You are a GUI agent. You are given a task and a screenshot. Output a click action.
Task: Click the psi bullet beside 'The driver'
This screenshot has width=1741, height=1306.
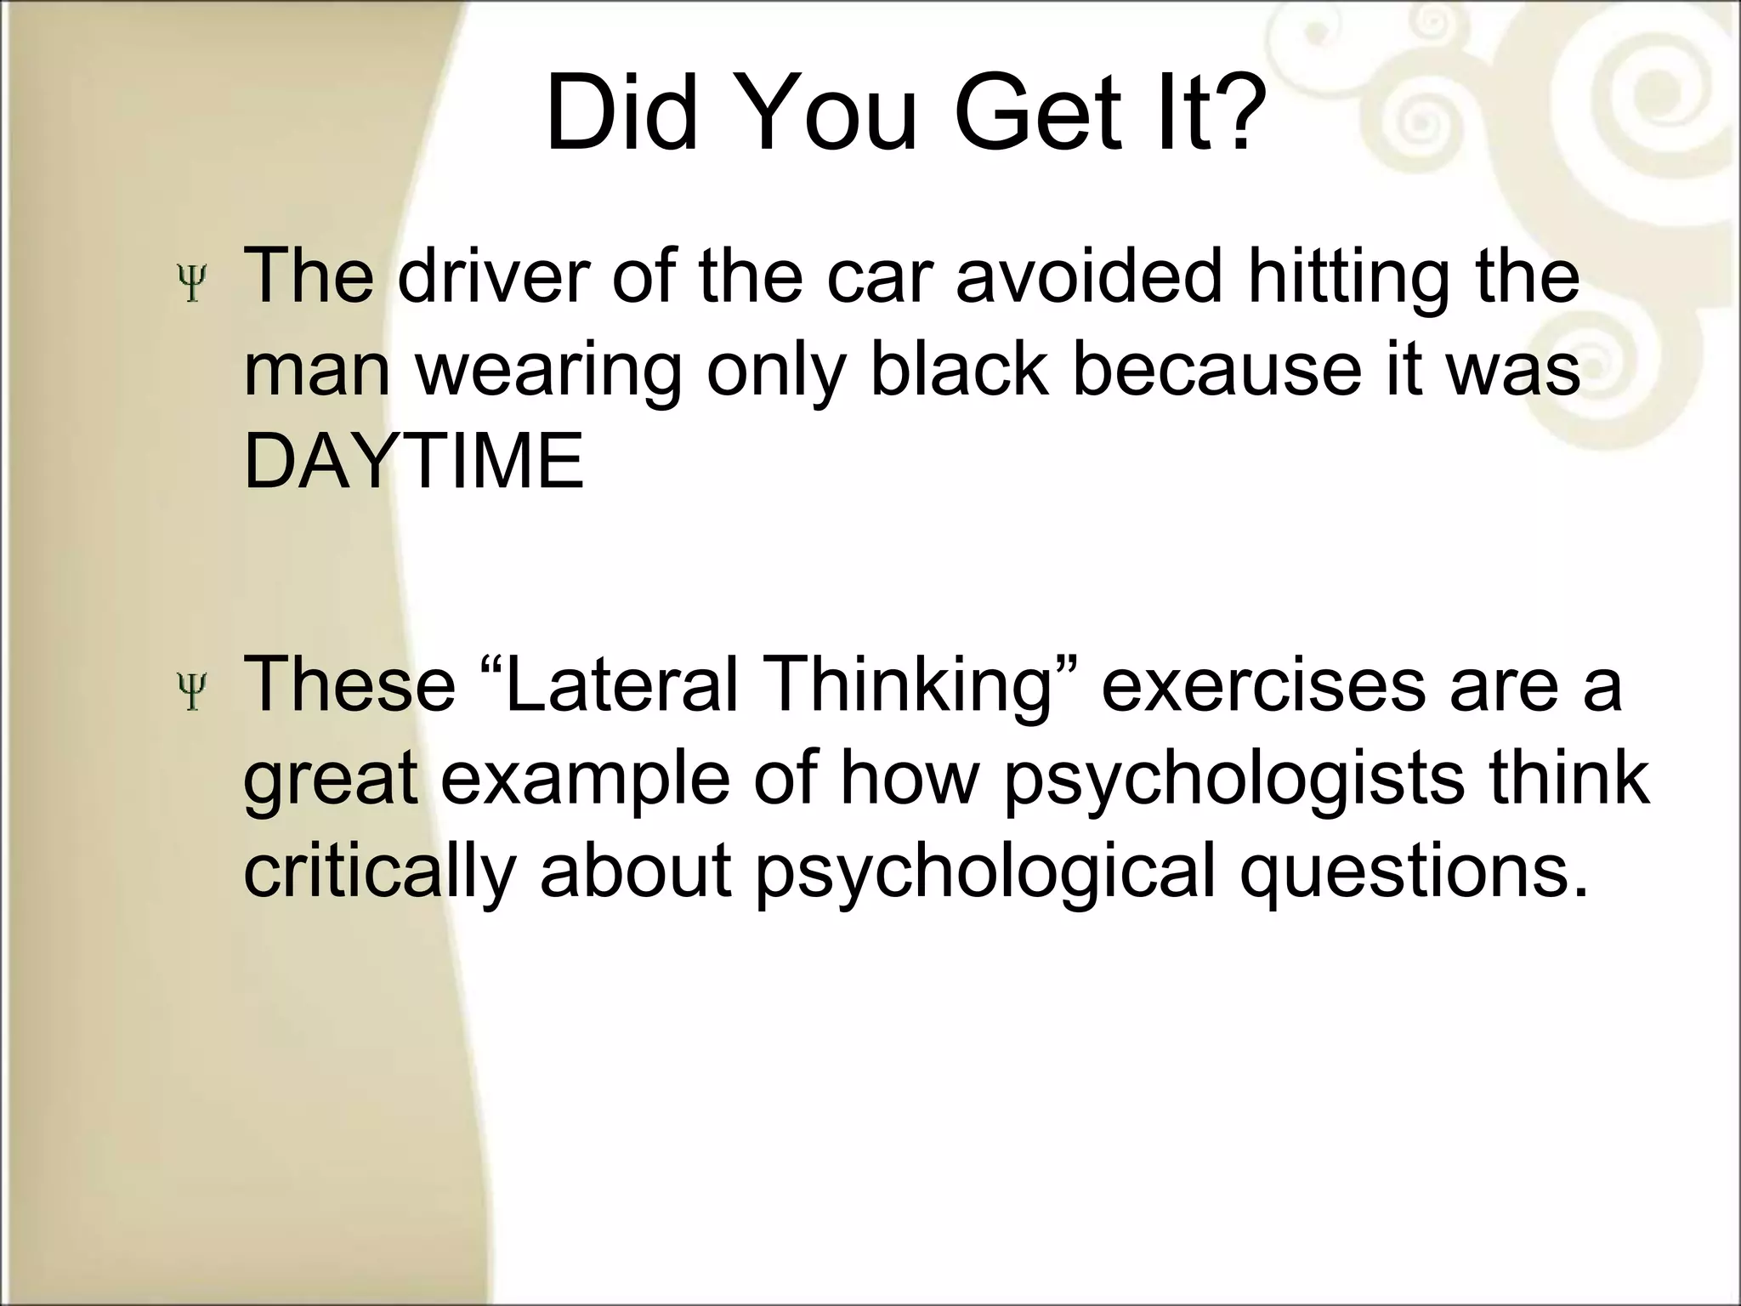(193, 284)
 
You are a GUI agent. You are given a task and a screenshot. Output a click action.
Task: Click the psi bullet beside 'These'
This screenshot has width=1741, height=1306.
(193, 691)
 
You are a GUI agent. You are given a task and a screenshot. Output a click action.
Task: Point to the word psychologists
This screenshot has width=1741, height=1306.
(1233, 780)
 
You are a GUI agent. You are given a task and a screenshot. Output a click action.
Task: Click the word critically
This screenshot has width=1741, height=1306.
(379, 873)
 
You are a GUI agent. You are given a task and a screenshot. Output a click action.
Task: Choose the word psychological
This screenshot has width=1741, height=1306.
(986, 873)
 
